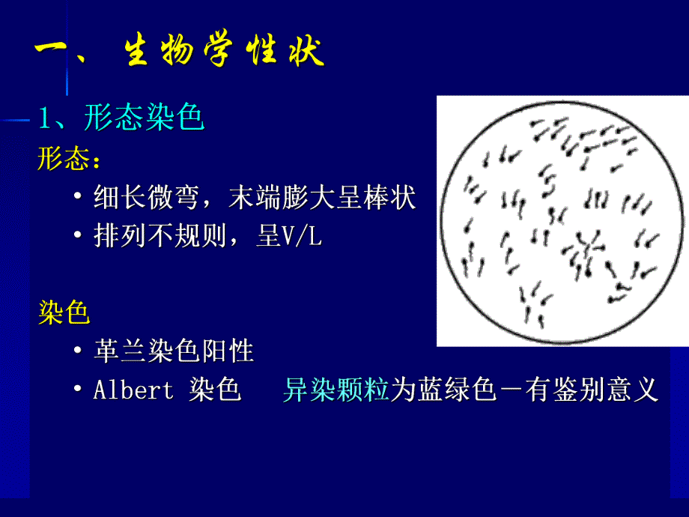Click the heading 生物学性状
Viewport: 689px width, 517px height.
click(x=224, y=54)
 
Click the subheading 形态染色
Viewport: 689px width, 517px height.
click(x=144, y=118)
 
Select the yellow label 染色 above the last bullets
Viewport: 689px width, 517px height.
click(x=64, y=312)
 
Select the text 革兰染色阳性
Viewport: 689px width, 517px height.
click(x=174, y=350)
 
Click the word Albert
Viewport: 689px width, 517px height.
click(x=133, y=390)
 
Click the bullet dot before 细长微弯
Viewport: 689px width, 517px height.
click(x=78, y=199)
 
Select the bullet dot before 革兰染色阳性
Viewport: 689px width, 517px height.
click(x=78, y=351)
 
